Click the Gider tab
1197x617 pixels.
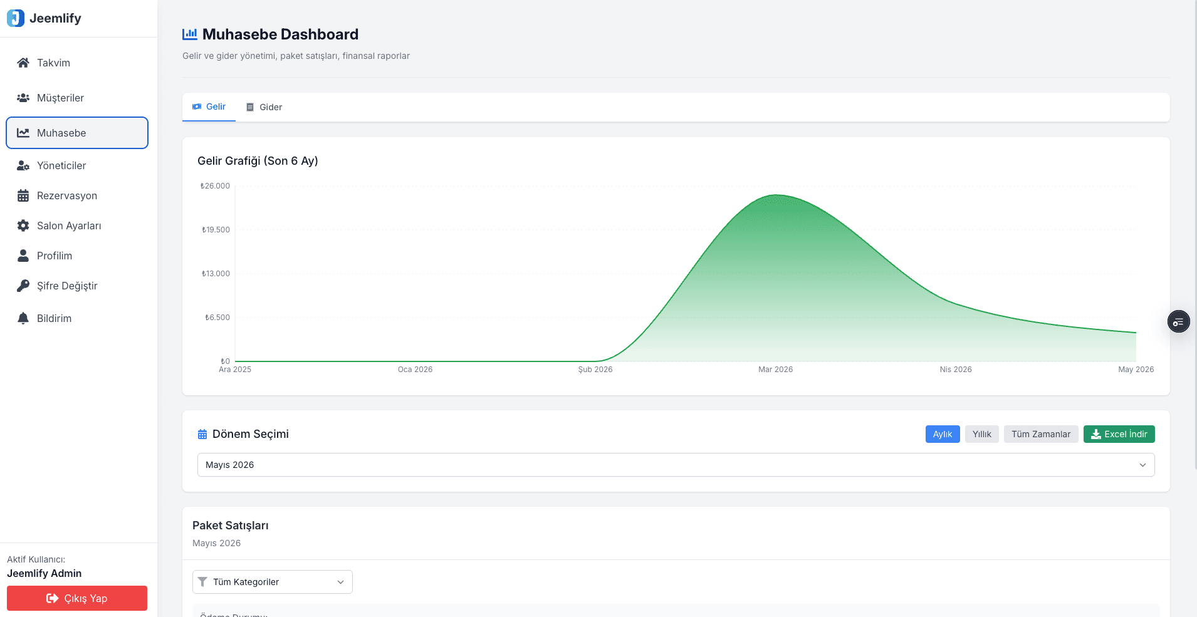point(264,107)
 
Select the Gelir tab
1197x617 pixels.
point(209,106)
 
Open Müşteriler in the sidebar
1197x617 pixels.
point(60,98)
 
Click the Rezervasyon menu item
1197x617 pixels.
point(66,195)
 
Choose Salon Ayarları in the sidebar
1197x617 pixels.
point(68,226)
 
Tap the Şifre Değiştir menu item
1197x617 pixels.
point(67,286)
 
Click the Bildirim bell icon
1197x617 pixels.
point(23,318)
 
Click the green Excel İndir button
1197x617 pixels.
point(1119,434)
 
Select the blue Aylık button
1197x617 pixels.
point(943,434)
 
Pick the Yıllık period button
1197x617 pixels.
point(982,434)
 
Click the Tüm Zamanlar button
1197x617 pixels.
point(1041,434)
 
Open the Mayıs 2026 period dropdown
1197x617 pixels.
point(676,465)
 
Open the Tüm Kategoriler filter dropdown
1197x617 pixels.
point(273,582)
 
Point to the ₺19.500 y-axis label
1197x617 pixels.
point(216,230)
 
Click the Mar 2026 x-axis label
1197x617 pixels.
point(775,370)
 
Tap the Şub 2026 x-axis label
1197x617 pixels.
point(595,370)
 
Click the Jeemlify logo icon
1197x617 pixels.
point(16,18)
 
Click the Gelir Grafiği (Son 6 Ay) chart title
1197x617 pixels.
point(258,161)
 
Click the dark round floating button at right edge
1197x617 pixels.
point(1179,321)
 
